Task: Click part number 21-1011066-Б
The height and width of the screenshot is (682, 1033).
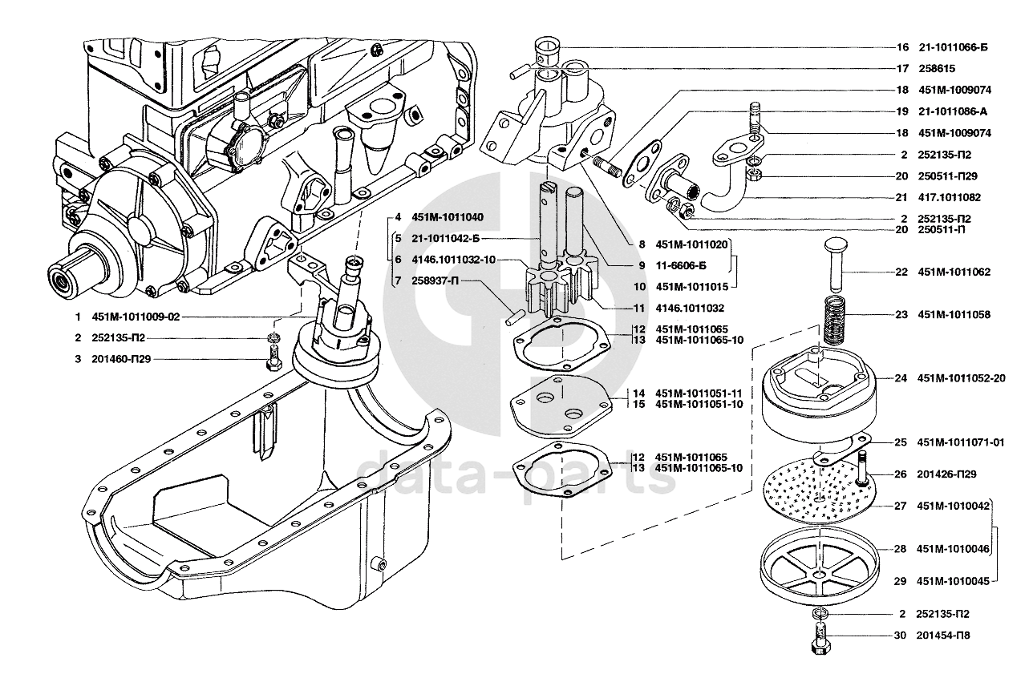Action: (x=954, y=47)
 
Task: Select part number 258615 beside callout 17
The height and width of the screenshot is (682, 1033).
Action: (x=937, y=69)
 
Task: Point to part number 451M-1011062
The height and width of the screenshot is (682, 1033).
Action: (x=954, y=272)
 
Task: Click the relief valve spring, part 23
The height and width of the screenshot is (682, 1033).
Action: (x=835, y=321)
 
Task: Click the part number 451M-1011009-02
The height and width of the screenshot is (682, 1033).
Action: (x=136, y=317)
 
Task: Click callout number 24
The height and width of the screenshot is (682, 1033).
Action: (x=901, y=378)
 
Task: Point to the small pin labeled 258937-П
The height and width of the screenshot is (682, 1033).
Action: (x=515, y=318)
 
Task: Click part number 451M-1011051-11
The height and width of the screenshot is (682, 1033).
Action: (x=699, y=393)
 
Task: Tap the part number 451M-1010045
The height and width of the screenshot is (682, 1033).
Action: (x=954, y=582)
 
